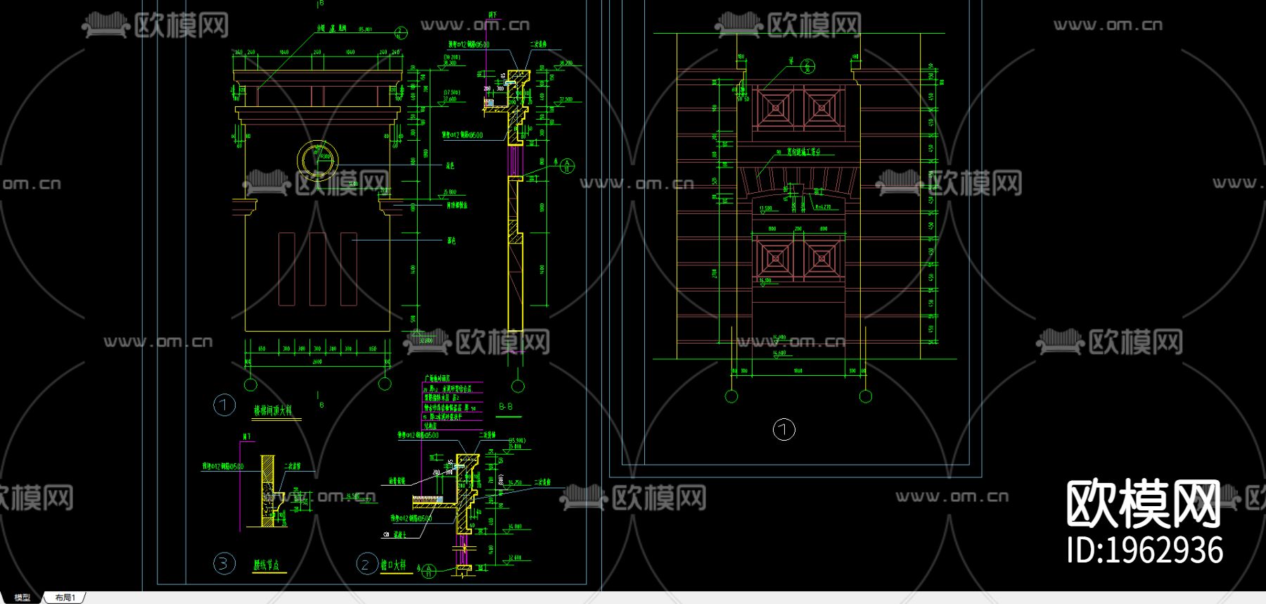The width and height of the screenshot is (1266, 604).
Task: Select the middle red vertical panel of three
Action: tap(317, 269)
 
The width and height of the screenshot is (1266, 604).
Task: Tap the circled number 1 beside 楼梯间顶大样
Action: tap(224, 405)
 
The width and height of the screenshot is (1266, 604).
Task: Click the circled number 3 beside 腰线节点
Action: tap(224, 564)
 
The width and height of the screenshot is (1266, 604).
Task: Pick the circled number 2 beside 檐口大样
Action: tap(366, 564)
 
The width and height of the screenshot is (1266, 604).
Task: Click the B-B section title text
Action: tap(506, 407)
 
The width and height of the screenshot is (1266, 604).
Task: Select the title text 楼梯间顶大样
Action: tap(273, 410)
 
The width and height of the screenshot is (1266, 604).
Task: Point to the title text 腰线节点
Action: tap(267, 565)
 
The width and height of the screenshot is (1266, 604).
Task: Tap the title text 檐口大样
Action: tap(393, 565)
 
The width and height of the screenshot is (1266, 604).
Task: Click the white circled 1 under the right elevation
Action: tap(784, 429)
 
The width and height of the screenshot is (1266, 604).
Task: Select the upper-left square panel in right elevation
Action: tap(776, 108)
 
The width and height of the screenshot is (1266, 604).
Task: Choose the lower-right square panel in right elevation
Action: tap(821, 258)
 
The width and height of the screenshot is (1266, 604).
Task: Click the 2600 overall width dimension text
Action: tap(316, 362)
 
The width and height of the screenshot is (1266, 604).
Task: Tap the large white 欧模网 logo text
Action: tap(1144, 504)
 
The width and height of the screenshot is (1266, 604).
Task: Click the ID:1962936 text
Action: tap(1144, 550)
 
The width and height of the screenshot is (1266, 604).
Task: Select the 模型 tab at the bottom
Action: tap(22, 598)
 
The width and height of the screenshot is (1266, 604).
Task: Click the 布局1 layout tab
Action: tap(65, 598)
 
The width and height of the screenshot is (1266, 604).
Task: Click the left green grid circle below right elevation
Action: tap(731, 396)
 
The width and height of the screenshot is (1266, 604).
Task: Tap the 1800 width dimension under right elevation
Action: tap(798, 371)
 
